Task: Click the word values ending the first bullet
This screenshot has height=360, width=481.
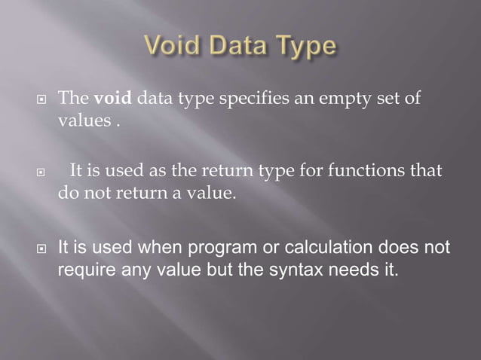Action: coord(85,121)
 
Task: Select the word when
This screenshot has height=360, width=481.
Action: coord(154,246)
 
